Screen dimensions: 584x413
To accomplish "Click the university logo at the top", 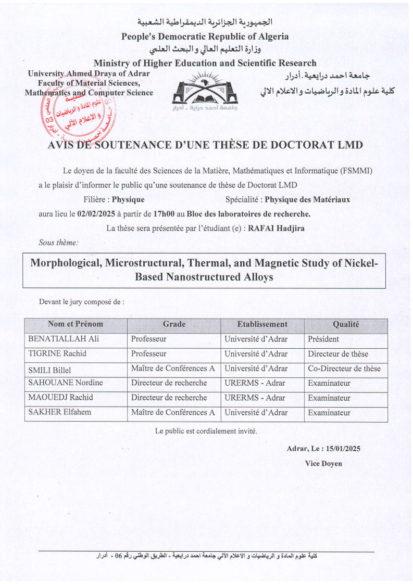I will [x=207, y=92].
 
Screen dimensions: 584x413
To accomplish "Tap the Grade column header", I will [x=174, y=324].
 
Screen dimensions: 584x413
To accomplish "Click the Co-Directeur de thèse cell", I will [x=344, y=369].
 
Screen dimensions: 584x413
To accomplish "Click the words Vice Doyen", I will [x=323, y=463].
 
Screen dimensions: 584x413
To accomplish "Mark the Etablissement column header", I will [x=262, y=324].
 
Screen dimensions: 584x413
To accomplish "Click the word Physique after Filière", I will [x=128, y=199].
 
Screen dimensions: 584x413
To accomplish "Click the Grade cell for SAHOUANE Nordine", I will [x=169, y=383].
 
